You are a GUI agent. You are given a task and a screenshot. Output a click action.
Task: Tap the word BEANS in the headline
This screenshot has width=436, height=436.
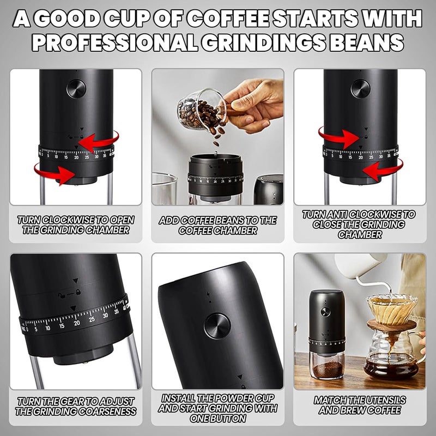(x=366, y=43)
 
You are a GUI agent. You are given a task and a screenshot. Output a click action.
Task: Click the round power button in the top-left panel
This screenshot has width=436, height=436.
(x=76, y=89)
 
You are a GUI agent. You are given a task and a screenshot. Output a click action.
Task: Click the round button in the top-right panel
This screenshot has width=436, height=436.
(x=360, y=89)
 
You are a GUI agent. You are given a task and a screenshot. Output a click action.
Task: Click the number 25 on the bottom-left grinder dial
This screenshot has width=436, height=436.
(x=92, y=319)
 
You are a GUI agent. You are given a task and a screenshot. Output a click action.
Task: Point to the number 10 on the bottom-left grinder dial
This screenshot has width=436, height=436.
(x=48, y=328)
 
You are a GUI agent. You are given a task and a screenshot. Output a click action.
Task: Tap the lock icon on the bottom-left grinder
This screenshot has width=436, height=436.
(x=78, y=292)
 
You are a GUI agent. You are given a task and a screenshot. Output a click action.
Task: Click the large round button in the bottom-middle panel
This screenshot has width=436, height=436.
(x=217, y=326)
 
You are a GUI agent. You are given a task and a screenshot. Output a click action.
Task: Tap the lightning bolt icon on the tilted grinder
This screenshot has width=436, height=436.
(x=209, y=294)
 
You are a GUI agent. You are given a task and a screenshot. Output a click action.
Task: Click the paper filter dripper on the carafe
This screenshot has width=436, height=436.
(x=392, y=308)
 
